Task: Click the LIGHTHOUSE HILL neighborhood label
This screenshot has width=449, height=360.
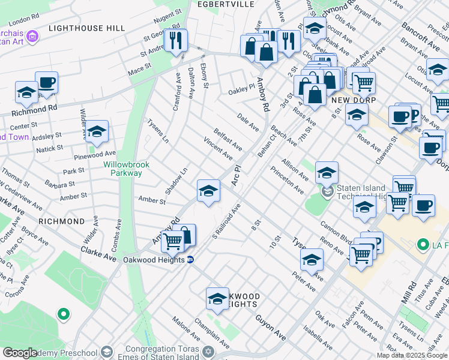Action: point(86,28)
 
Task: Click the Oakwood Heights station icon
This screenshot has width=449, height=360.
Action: point(190,260)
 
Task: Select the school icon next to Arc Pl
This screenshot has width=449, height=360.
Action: point(208,191)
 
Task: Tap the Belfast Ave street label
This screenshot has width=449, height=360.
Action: point(228,139)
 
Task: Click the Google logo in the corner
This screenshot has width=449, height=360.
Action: point(20,353)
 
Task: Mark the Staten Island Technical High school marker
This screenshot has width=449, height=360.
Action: point(327,193)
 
